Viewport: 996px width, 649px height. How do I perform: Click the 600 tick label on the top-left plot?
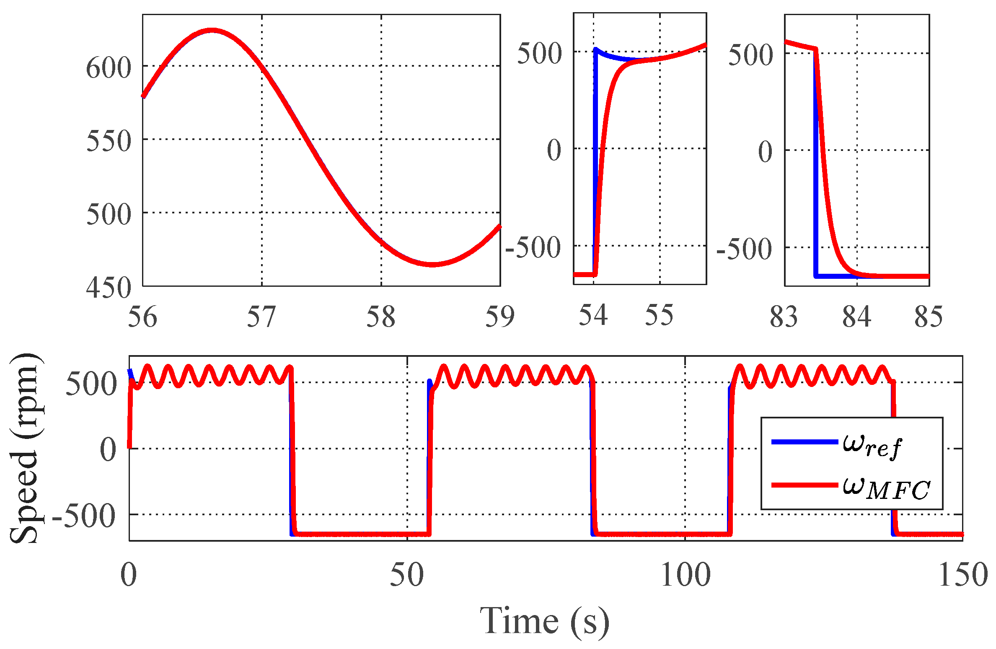[108, 68]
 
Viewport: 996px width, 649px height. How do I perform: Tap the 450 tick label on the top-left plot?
[108, 288]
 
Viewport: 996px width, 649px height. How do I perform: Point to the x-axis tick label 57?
[261, 317]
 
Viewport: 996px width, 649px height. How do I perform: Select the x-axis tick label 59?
[499, 317]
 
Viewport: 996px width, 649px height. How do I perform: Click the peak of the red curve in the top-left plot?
[212, 30]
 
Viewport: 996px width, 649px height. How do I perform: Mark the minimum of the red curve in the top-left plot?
[432, 264]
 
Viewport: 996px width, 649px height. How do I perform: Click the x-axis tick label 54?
[593, 315]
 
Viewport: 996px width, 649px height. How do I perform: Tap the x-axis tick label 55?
[659, 315]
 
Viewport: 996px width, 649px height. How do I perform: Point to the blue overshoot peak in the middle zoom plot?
[596, 49]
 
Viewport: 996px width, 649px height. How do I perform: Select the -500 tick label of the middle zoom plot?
[533, 247]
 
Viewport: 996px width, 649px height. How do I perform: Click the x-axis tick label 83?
[784, 317]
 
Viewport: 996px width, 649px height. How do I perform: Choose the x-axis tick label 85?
[929, 317]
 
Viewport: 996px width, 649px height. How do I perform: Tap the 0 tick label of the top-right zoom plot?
[765, 152]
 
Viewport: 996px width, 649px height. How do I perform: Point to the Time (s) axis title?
[544, 621]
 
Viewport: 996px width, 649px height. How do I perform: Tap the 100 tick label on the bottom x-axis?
[686, 575]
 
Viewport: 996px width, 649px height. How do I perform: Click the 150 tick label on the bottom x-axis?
[963, 575]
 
